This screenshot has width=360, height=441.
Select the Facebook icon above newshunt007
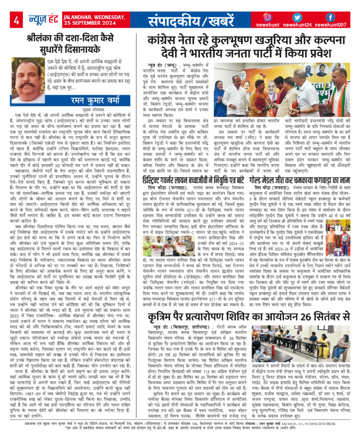tap(330, 18)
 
